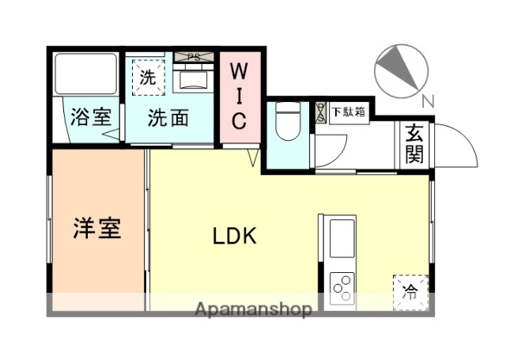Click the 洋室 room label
point(98,229)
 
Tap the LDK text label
point(234,235)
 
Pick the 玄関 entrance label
point(414,144)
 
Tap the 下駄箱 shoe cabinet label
point(348,112)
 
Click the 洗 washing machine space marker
point(148,78)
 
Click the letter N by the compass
point(427,100)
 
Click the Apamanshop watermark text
point(252,309)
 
